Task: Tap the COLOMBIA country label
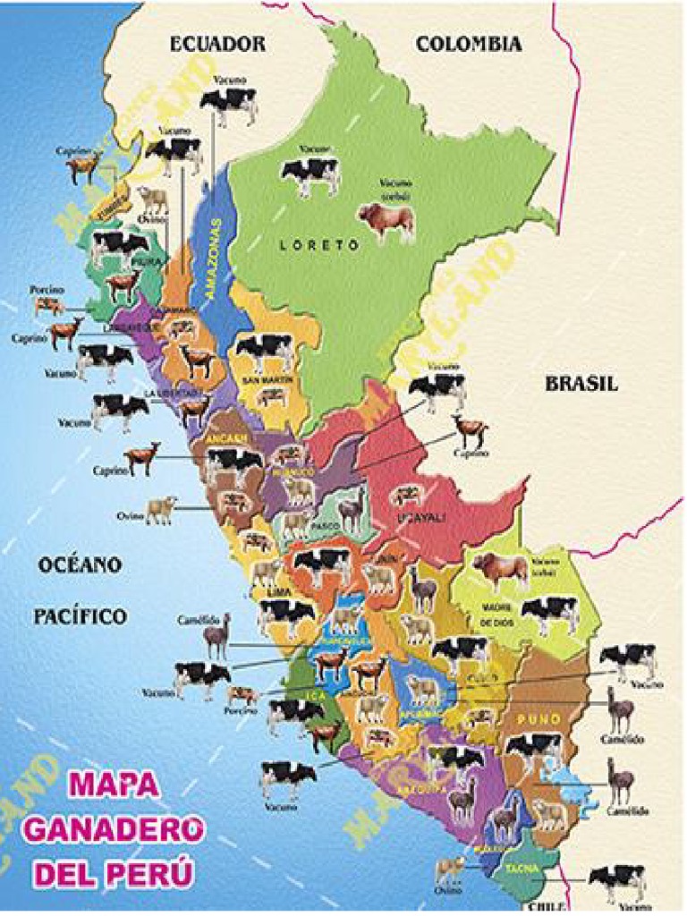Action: tap(469, 44)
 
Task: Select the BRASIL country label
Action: tap(581, 383)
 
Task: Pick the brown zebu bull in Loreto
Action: tap(386, 221)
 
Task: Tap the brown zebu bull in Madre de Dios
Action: tap(499, 570)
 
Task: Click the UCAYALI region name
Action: tap(420, 516)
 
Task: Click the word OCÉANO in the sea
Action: tap(79, 565)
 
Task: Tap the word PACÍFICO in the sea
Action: tap(81, 616)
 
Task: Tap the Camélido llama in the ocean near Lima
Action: tap(217, 636)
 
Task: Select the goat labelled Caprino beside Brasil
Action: tap(471, 430)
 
